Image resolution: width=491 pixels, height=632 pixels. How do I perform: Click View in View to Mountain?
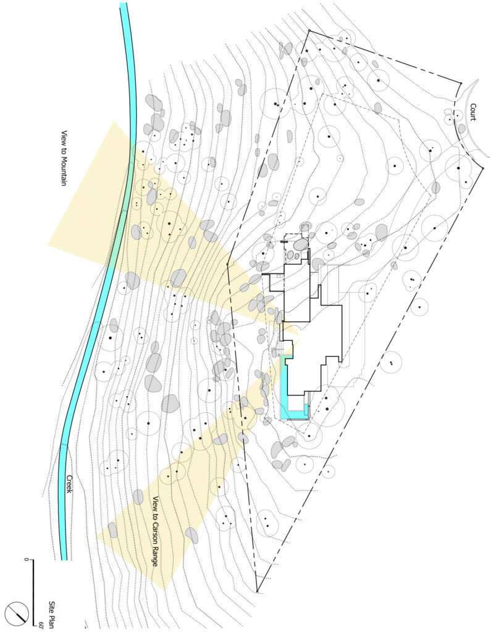(x=64, y=138)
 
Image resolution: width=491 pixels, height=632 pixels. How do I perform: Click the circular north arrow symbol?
(x=17, y=612)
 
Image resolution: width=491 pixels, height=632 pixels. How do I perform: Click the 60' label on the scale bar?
(x=41, y=625)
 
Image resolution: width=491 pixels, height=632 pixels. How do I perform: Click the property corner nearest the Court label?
(x=461, y=83)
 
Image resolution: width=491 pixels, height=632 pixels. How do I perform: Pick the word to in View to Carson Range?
(x=156, y=512)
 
